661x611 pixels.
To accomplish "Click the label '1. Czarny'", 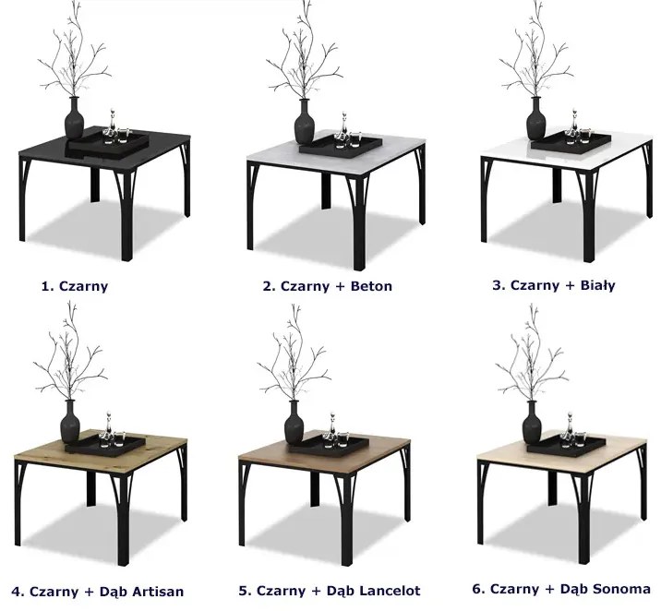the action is [x=75, y=286].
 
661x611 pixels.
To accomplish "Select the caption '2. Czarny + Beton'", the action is [x=328, y=286].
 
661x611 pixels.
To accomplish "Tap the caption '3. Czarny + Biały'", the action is [x=554, y=285].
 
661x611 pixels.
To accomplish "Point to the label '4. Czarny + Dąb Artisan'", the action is [x=97, y=592].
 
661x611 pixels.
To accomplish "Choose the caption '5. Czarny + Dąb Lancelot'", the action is [x=330, y=591].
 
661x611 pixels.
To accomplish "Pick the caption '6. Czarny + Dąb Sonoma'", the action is [x=561, y=589].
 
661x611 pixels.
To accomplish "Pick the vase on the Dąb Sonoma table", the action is [x=533, y=423].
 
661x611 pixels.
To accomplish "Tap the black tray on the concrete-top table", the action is [x=341, y=145].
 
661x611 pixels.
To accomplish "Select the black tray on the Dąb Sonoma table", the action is [x=566, y=445].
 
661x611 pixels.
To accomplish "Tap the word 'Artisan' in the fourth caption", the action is [x=158, y=592].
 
